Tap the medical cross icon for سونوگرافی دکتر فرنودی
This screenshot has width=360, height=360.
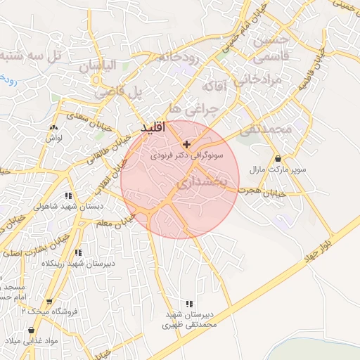pos(186,144)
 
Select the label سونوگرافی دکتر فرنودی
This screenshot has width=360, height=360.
pos(186,155)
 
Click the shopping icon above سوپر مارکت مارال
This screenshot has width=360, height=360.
pos(280,159)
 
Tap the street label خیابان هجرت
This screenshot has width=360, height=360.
pos(262,191)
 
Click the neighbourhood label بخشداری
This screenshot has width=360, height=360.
pos(201,183)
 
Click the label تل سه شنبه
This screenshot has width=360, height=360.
pos(31,55)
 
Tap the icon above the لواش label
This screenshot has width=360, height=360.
pos(54,128)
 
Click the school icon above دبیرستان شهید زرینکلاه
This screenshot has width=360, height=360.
pos(78,252)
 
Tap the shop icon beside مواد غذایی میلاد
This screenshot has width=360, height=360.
pos(31,330)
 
